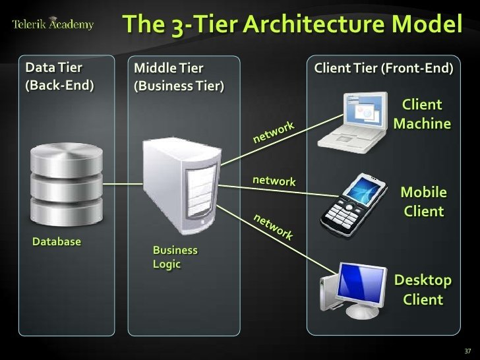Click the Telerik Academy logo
pos(53,25)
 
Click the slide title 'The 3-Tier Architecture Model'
pos(292,24)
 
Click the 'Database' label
pos(57,242)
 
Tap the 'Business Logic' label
pos(175,257)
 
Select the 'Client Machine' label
pos(421,114)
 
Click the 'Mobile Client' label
pos(423,202)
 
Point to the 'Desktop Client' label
pos(423,290)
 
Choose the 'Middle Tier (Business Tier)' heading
pos(179,76)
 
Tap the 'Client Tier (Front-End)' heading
pos(384,68)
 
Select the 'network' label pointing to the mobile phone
pos(274,181)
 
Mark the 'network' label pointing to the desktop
pos(273,227)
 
